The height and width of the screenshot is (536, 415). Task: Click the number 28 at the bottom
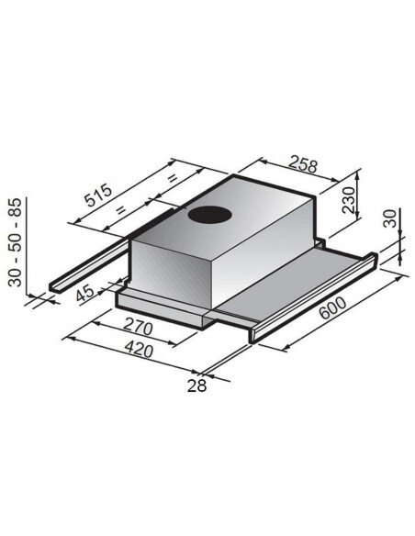point(197,386)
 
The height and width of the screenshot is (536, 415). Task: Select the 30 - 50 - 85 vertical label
point(16,240)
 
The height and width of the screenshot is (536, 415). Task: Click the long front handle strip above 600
point(312,296)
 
